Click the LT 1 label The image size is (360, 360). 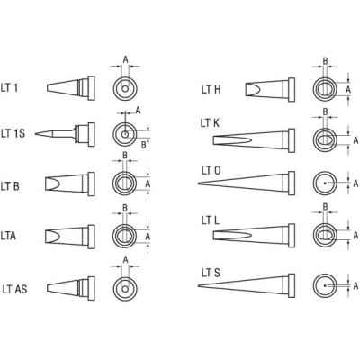click(9, 88)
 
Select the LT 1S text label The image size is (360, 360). click(13, 133)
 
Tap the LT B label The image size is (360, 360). click(10, 186)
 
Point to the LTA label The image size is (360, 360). click(8, 236)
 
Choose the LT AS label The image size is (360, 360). click(14, 289)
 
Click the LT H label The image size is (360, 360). click(211, 89)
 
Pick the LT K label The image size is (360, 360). click(210, 123)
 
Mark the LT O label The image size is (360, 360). click(211, 171)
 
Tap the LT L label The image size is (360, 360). click(211, 220)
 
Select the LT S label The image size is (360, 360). click(211, 273)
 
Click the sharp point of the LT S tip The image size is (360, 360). click(198, 285)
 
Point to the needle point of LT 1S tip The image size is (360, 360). click(35, 134)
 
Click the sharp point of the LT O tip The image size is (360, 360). click(198, 184)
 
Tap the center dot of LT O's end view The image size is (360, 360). click(325, 183)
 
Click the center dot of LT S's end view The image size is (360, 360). click(325, 285)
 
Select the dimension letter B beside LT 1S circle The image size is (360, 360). click(144, 145)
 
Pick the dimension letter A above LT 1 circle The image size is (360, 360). click(125, 59)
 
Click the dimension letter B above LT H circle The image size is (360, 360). click(325, 61)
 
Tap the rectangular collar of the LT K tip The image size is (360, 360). click(292, 140)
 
